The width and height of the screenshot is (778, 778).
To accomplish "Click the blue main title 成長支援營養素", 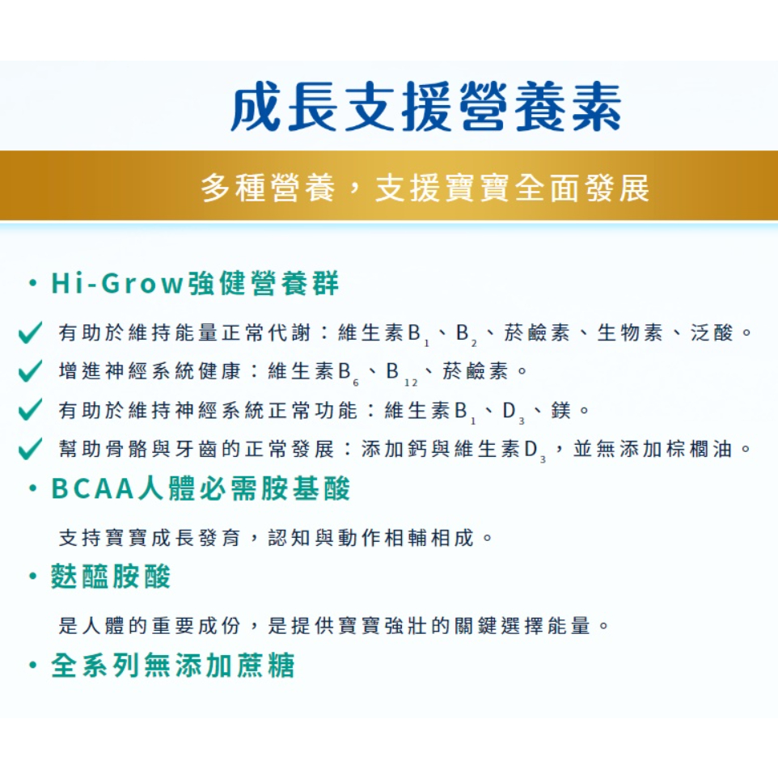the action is coord(425,107).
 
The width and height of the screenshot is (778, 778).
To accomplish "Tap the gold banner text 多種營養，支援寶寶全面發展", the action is coord(425,188).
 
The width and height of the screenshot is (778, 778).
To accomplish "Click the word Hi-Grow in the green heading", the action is coord(117,283).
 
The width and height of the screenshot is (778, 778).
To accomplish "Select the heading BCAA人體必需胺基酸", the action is coord(201,488).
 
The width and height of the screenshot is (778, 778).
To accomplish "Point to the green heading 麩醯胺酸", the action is coord(111,577).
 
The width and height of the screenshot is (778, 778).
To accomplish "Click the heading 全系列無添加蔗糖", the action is coord(173,665).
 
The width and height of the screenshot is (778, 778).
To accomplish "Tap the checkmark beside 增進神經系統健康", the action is coord(30,371).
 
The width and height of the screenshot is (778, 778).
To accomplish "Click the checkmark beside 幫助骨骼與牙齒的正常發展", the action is coord(30,449).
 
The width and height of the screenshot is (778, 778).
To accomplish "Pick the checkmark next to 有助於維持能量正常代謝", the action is coord(30,332).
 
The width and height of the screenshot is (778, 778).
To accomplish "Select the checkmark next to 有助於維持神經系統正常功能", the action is coord(30,410).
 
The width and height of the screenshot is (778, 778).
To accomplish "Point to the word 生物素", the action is coord(630,332).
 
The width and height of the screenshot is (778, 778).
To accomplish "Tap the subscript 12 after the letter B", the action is coord(411,383).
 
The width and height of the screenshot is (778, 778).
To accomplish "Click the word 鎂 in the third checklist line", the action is coord(560,410).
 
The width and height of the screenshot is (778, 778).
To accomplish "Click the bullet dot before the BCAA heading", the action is coord(33,488).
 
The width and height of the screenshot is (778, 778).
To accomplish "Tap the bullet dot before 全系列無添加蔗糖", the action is coord(33,666).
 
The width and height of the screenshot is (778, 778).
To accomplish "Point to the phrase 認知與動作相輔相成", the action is coord(371,537).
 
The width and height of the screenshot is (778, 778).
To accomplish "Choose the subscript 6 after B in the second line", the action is coord(355,383).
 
